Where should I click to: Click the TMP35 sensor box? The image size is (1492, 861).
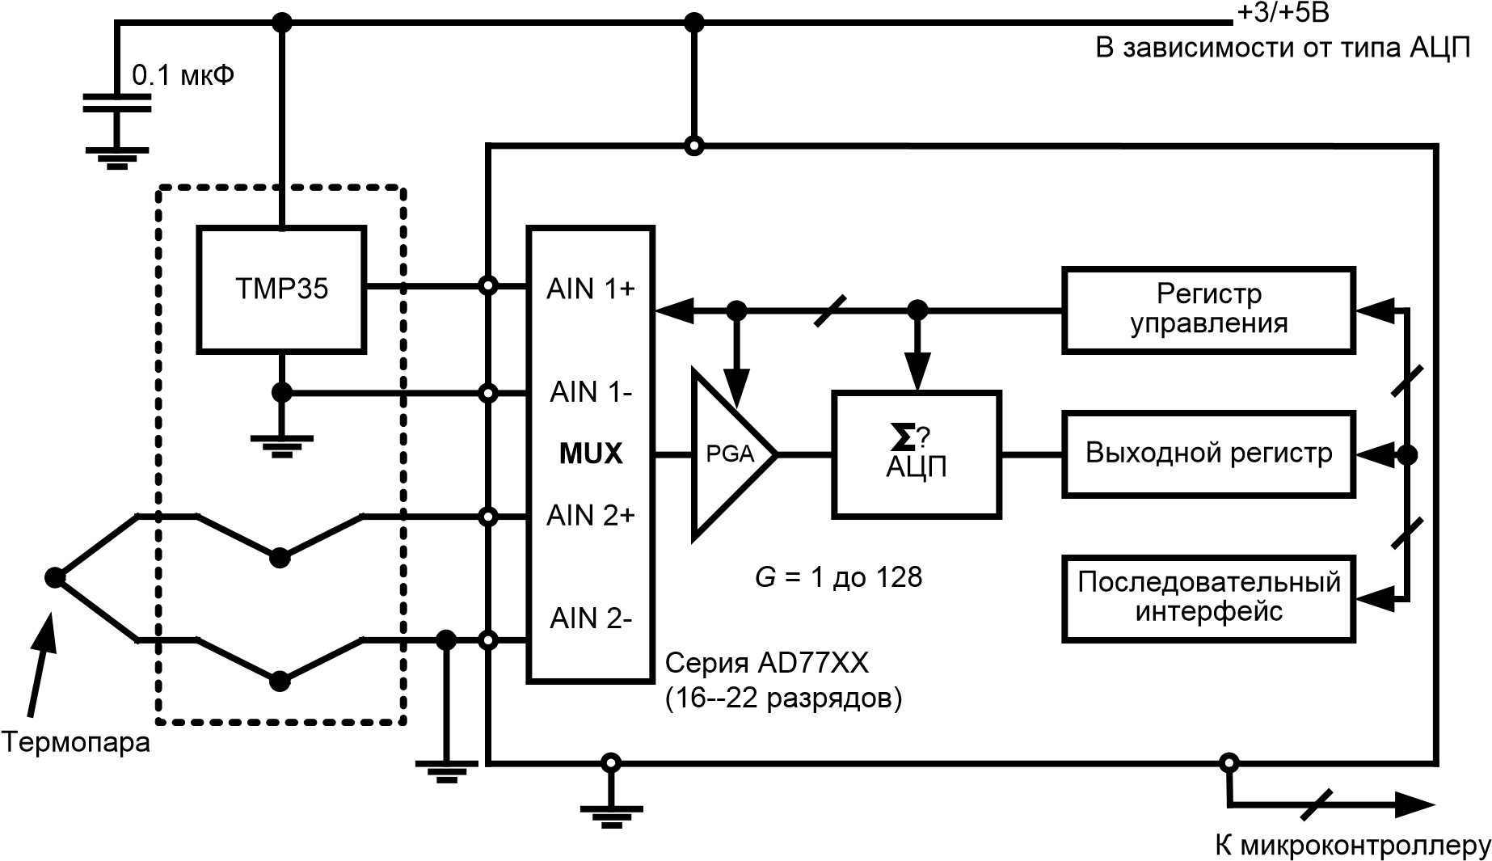point(281,289)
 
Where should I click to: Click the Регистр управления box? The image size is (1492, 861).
point(1208,310)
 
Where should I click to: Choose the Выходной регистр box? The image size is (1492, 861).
point(1208,454)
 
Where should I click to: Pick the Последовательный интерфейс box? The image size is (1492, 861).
point(1208,598)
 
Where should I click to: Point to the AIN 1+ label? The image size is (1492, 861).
point(591,289)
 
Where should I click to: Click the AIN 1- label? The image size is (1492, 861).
point(591,393)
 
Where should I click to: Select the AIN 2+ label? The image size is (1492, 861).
point(591,516)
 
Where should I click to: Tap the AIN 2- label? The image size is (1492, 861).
point(591,619)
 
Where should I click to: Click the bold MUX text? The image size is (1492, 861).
point(591,454)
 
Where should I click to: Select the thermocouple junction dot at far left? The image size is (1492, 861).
point(54,577)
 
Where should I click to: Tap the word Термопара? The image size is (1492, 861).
point(76,742)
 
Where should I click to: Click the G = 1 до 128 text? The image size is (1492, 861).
point(838,577)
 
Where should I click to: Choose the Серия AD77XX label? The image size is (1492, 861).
point(766,664)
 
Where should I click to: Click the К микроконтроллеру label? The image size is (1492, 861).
point(1353,846)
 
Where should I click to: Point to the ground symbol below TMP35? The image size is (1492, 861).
point(281,446)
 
